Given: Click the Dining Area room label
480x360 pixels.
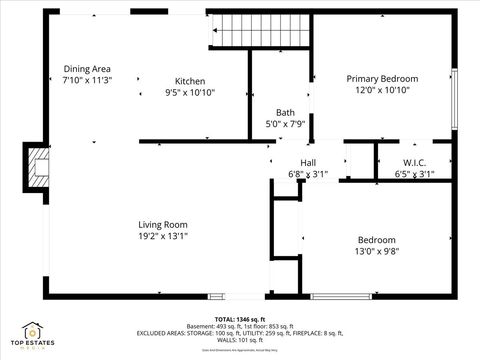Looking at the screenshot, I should pos(86,69).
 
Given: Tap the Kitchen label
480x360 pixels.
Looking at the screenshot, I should pos(190,81).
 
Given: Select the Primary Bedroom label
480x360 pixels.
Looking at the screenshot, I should pos(382,78).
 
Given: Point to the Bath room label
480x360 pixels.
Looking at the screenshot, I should pos(285,112).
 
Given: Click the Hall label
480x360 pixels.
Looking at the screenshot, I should pos(308,163).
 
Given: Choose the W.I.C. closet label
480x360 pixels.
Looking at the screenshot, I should pos(415,163).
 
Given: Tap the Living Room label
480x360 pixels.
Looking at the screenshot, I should pos(163,225).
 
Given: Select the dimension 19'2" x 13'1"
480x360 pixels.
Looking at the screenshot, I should pos(163,236).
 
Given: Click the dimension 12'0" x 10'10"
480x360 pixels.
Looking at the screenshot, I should pos(382,90).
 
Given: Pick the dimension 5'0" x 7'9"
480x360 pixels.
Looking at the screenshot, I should pos(285,124).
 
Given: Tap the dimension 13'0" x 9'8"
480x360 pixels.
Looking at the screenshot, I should pos(377,252).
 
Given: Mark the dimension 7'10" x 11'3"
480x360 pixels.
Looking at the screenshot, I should pos(86,80).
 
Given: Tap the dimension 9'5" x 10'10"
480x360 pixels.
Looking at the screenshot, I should pos(190,92).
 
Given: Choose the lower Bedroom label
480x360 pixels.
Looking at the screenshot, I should pos(377,240).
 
